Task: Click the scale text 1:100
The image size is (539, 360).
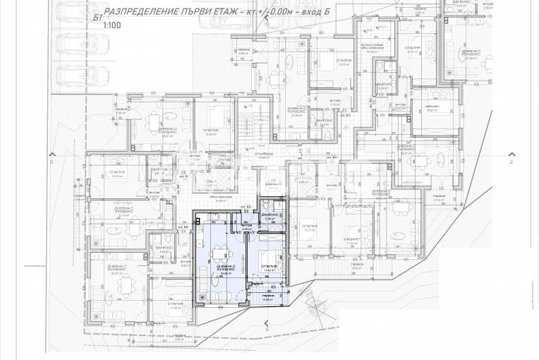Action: coord(111,25)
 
